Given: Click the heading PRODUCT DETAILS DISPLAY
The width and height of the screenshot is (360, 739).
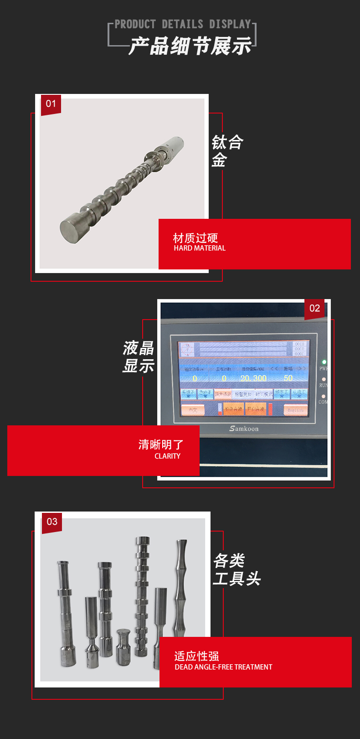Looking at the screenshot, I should tap(183, 24).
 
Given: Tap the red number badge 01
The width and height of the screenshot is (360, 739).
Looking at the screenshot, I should tap(51, 104).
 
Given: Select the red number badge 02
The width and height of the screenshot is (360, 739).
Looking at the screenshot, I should tap(314, 308).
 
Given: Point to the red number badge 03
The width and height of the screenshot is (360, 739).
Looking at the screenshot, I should tap(52, 522).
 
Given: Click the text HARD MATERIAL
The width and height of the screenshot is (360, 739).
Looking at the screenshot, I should tap(200, 248).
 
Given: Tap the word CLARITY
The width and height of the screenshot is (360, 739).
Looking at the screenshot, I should tap(167, 456).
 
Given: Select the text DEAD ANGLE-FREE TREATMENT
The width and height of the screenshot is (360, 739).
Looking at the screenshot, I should tap(223, 667).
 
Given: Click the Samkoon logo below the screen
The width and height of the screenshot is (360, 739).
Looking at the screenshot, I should tap(244, 429).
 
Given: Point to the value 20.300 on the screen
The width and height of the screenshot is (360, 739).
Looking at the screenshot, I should tap(253, 378).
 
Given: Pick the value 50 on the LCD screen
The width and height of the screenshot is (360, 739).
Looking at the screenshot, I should tap(288, 378).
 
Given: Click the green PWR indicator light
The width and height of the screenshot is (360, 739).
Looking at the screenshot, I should tap(324, 362).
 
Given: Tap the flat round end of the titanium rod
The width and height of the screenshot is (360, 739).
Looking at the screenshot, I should tap(72, 230).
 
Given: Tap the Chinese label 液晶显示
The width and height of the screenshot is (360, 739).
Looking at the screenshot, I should tap(139, 357).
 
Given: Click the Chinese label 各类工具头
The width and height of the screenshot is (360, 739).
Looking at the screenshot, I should tap(237, 570).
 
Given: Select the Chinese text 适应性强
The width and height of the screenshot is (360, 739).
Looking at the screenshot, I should tap(196, 656).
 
